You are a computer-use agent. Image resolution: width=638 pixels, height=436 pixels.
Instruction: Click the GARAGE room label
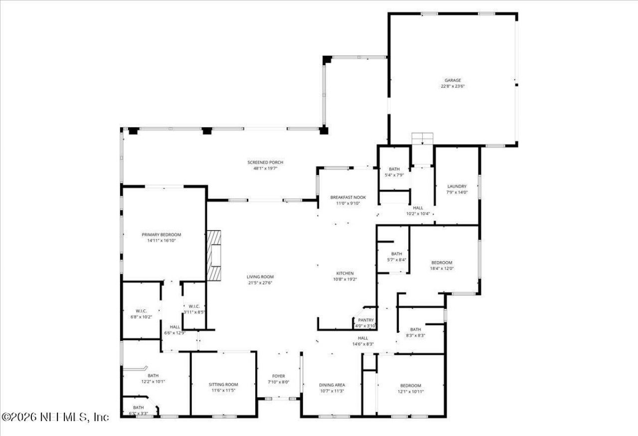pos(453,80)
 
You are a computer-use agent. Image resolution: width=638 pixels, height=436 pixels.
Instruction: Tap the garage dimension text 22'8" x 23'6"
pos(453,86)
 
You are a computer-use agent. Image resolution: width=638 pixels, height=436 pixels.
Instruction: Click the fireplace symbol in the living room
pos(214,257)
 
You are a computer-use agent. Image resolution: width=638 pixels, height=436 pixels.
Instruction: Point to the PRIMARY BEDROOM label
pos(161,235)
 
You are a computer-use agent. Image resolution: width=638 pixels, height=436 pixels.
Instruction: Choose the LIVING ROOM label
pos(260,277)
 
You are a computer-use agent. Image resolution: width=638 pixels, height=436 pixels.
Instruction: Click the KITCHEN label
pos(344,273)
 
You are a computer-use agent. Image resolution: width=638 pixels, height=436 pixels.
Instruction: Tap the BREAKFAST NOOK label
pos(348,197)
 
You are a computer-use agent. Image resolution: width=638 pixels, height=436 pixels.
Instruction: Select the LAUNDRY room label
pos(457,186)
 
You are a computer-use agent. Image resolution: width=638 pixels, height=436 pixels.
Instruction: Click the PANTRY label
pos(365,320)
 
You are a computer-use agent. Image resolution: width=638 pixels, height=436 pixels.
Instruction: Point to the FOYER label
pos(278,376)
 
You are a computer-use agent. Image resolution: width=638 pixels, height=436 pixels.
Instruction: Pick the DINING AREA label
pos(331,385)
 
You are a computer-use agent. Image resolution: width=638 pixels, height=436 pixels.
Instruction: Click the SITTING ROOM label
pos(223,384)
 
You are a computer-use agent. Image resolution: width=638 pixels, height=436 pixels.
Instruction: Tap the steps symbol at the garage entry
pos(423,138)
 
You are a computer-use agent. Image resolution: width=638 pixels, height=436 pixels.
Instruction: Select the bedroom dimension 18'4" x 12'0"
pos(442,269)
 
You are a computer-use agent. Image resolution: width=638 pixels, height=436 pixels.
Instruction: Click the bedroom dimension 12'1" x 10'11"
pos(410,391)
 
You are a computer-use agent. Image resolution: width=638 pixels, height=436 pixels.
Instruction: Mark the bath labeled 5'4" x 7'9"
pos(394,171)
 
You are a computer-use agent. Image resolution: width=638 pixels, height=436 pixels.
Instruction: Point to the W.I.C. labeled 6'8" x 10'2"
pos(141,313)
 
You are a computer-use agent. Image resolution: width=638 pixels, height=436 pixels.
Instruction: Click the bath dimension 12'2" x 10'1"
pos(153,382)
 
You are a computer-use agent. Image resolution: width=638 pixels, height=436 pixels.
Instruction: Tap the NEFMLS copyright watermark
pos(55,417)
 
